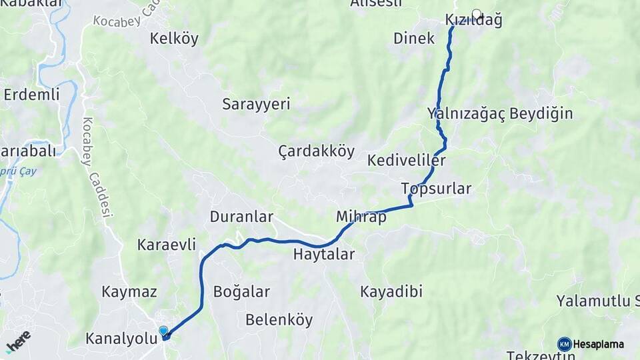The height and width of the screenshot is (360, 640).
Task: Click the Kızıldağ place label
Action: [x=473, y=21]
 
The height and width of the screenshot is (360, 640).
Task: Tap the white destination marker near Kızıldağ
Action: [x=477, y=13]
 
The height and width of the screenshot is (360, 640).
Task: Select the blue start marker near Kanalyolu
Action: [x=163, y=331]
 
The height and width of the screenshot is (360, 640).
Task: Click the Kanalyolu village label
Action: [x=120, y=339]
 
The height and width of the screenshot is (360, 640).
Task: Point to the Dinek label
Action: [x=414, y=38]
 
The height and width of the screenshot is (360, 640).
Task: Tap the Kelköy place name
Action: [x=174, y=38]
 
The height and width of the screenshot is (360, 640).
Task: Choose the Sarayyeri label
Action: [x=256, y=105]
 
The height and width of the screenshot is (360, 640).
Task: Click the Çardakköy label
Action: [x=316, y=151]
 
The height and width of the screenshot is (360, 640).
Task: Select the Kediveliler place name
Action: [x=406, y=161]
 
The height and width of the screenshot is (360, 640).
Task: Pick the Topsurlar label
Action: [x=437, y=189]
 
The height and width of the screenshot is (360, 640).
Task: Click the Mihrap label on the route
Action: [x=361, y=217]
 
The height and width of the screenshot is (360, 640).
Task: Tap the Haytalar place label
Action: [x=324, y=254]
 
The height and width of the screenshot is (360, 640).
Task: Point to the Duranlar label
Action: [x=241, y=217]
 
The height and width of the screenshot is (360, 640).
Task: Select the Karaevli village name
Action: [x=167, y=245]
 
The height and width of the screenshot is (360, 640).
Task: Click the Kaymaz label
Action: [x=129, y=291]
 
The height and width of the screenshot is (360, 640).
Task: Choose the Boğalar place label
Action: [x=241, y=291]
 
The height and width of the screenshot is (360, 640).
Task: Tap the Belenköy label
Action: [x=279, y=319]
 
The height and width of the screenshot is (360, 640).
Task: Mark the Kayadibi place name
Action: [x=391, y=291]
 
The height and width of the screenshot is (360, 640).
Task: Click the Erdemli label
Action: [x=31, y=94]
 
